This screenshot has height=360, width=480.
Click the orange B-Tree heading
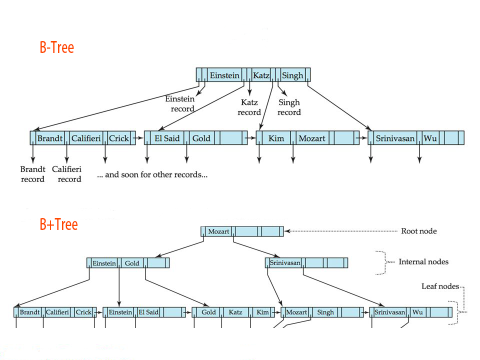point(57,48)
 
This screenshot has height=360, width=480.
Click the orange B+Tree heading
point(59,224)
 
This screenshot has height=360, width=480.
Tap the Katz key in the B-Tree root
point(261,75)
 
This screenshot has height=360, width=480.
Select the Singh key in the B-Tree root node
point(292,75)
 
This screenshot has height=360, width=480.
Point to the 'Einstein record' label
point(179,103)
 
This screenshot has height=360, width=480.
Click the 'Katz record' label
point(249,107)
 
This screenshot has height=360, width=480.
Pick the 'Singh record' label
point(289,107)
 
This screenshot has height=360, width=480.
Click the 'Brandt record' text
point(33,174)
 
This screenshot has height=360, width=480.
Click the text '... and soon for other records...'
point(152,175)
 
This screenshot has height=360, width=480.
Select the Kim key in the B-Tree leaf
point(275,138)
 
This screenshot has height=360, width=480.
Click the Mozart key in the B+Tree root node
point(218,231)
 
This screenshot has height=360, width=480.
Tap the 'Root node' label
point(418,231)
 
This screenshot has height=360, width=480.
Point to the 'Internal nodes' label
point(423,261)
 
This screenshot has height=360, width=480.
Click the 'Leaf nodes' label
point(440,286)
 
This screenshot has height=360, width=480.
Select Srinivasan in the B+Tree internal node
point(284,263)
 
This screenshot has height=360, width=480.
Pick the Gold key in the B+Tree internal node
point(132,263)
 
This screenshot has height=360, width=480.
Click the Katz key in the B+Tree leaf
point(235,312)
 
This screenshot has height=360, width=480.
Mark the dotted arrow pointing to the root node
point(340,231)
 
